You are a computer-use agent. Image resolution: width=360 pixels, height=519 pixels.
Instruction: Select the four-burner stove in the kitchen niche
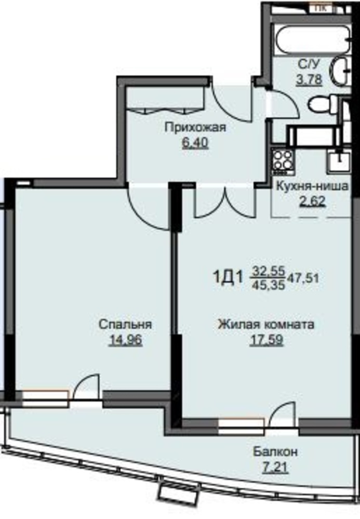283,162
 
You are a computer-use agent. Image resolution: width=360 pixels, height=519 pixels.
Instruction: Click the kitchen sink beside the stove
338,161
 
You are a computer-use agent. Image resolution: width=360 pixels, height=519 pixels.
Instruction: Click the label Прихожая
195,127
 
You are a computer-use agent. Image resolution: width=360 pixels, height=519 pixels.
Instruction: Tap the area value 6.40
195,143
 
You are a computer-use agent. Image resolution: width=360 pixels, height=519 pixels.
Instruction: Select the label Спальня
125,324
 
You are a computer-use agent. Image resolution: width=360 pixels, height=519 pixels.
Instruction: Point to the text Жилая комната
266,324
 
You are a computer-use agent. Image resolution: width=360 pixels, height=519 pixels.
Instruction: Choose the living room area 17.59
266,340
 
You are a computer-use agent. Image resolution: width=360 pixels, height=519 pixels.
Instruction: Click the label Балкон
275,452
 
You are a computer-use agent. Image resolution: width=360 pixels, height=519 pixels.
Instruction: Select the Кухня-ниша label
312,186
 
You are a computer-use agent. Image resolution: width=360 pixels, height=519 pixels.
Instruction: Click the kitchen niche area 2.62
313,201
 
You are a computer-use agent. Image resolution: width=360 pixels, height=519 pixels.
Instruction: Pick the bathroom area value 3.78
310,79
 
